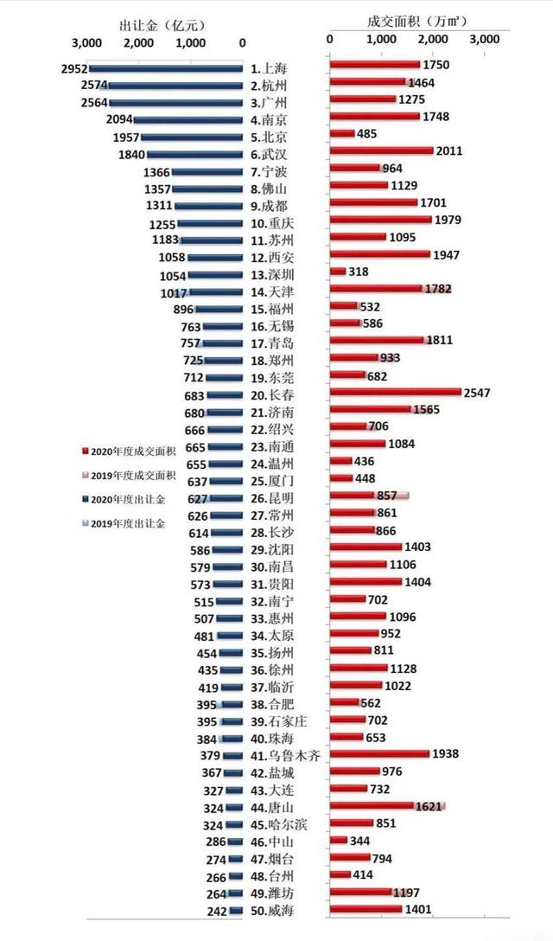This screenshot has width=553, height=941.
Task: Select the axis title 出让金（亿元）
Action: (x=162, y=24)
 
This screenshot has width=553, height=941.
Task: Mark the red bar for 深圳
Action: (x=338, y=272)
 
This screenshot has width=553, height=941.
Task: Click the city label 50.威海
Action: (x=270, y=909)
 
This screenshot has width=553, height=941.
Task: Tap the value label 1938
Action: (x=445, y=755)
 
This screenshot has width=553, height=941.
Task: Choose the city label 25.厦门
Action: (x=270, y=480)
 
